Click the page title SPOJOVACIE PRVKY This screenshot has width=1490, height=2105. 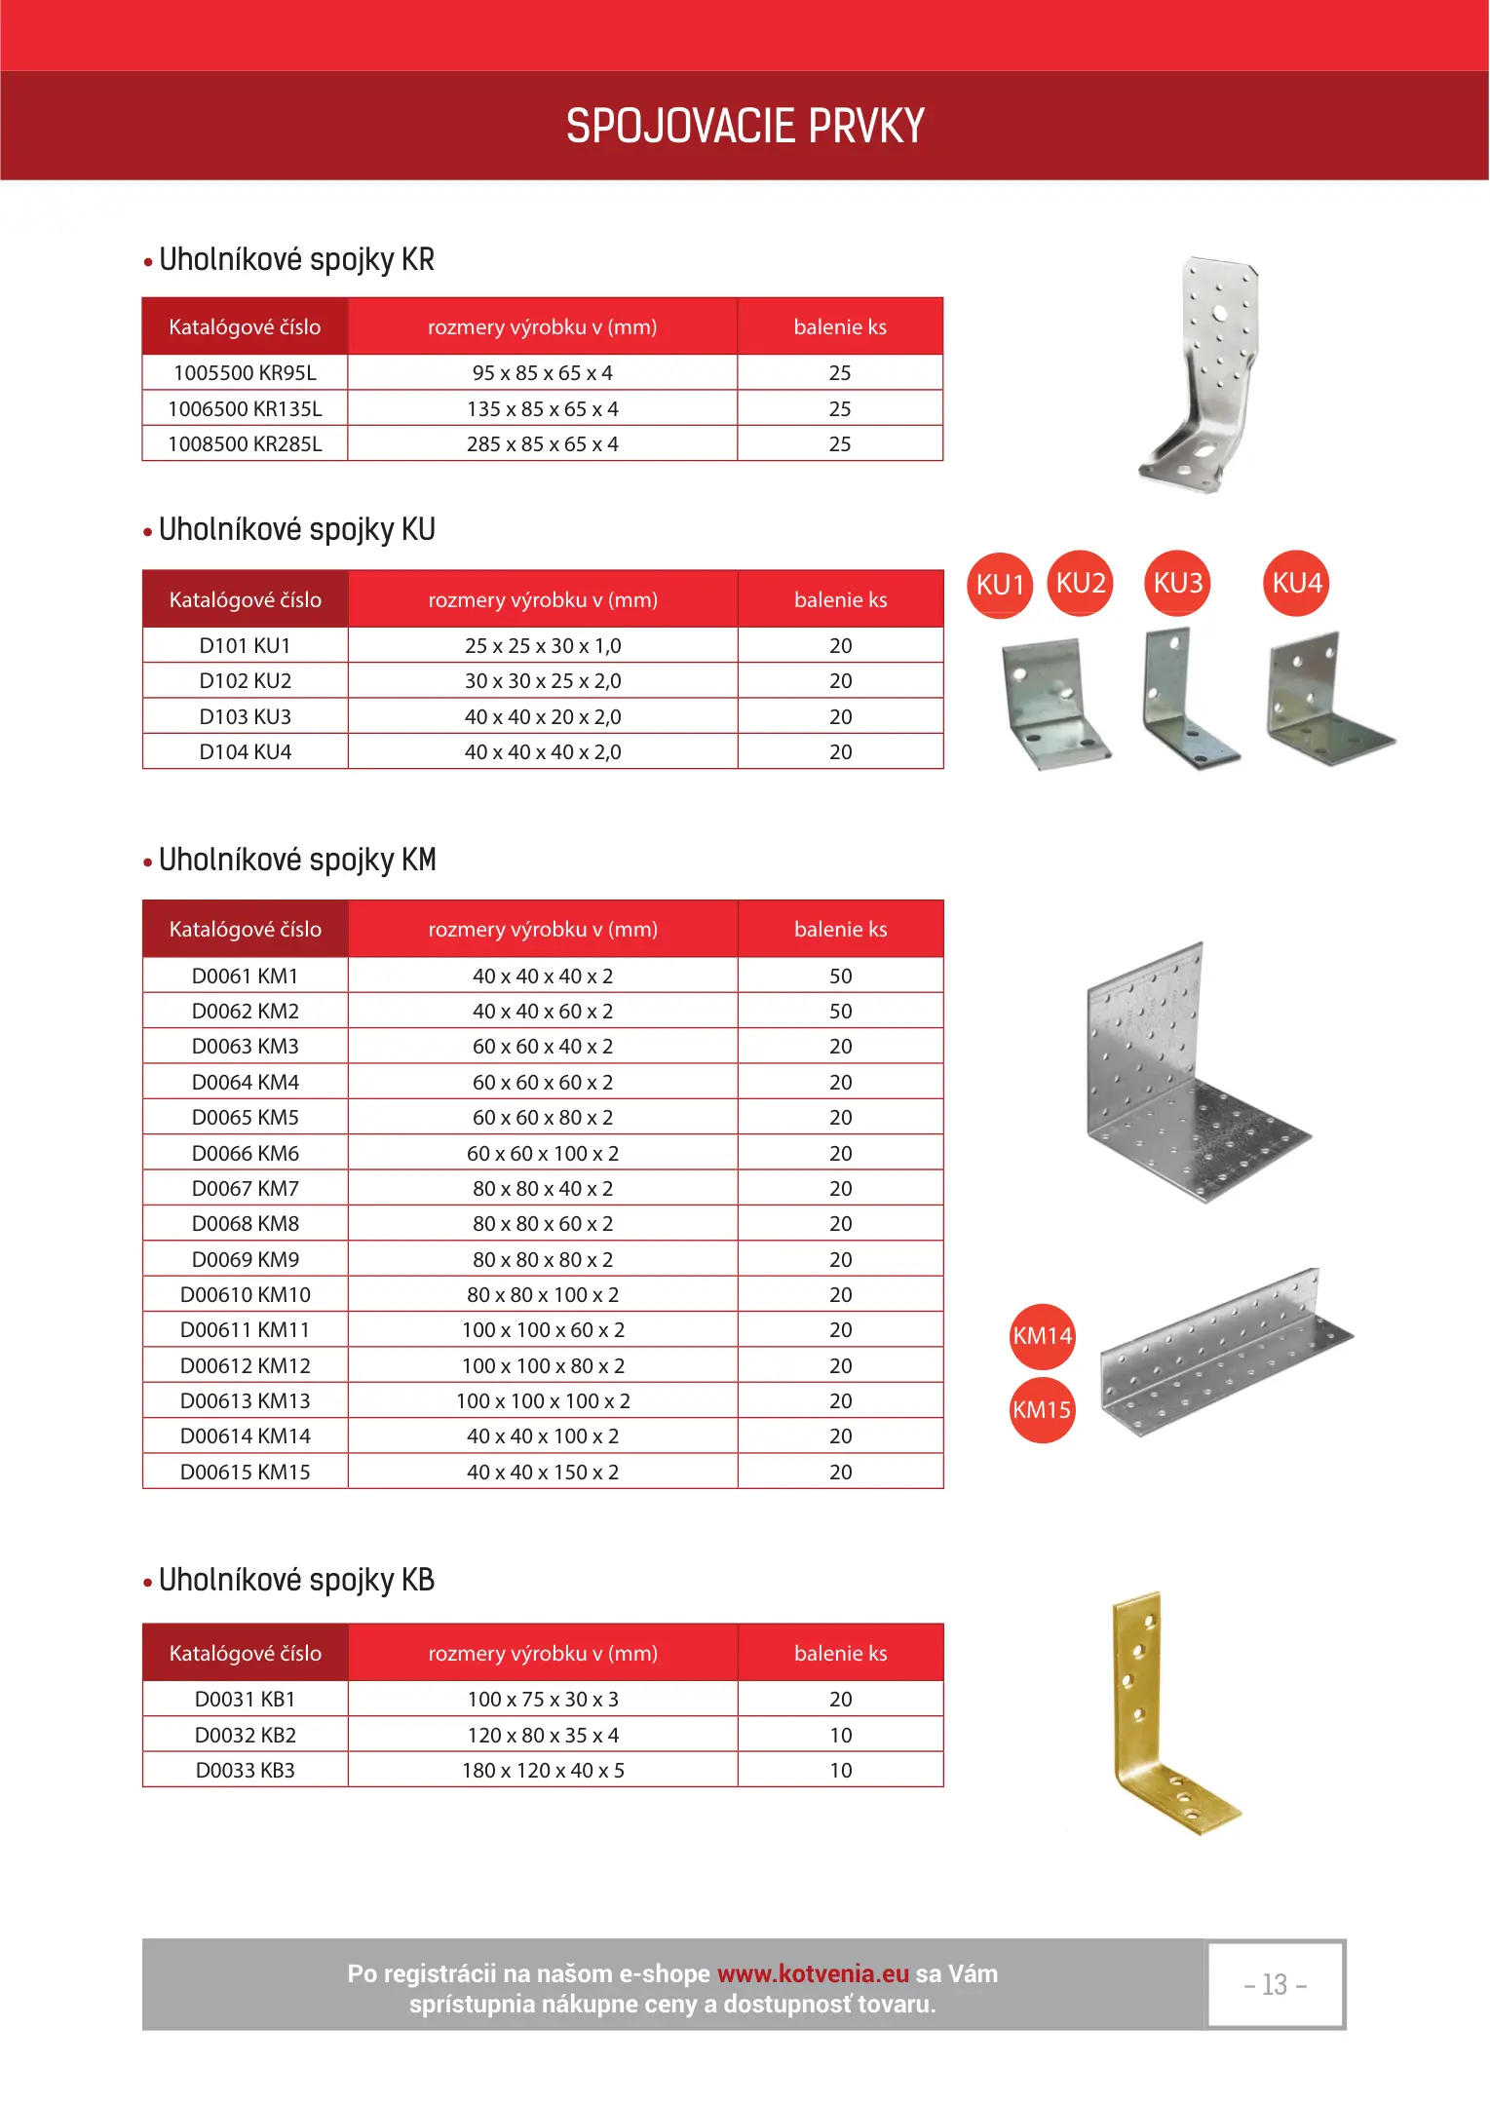tap(745, 126)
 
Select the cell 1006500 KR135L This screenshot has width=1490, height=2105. tap(245, 408)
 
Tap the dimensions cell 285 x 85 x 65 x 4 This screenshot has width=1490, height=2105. tap(542, 444)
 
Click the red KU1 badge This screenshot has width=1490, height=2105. tap(1000, 585)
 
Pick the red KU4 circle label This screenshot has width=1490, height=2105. tap(1296, 583)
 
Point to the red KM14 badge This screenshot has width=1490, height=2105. tap(1042, 1336)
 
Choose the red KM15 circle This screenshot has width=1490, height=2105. tap(1042, 1410)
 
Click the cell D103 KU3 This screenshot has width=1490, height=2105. tap(245, 717)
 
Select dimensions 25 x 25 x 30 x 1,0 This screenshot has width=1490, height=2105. tap(542, 646)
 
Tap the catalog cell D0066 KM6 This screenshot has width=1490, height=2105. tap(245, 1154)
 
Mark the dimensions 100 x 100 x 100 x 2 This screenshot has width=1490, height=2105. tap(542, 1401)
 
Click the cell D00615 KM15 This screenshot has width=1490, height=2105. tap(245, 1473)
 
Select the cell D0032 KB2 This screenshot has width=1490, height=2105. tap(245, 1736)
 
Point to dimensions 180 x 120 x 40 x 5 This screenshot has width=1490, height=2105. tap(542, 1771)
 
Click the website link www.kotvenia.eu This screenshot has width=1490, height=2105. tap(813, 1974)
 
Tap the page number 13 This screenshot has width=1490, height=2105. tap(1275, 1985)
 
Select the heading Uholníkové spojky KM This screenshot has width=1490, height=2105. tap(296, 861)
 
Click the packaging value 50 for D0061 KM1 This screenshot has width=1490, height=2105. tap(840, 976)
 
